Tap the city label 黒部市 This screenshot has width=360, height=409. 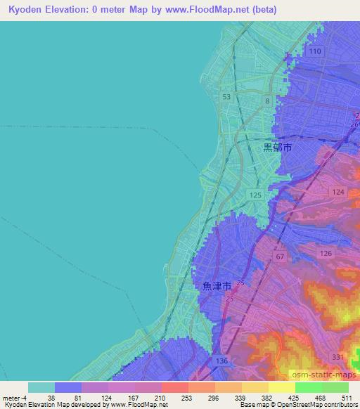click(277, 148)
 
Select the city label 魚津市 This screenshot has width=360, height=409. click(216, 287)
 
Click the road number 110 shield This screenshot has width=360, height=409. click(314, 52)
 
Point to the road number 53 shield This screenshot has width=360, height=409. click(226, 97)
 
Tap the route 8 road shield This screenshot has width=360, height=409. click(267, 102)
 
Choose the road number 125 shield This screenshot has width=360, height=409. click(255, 194)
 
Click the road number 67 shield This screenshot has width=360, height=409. click(281, 257)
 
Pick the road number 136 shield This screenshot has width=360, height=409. click(223, 361)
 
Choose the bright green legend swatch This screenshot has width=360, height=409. click(308, 387)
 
